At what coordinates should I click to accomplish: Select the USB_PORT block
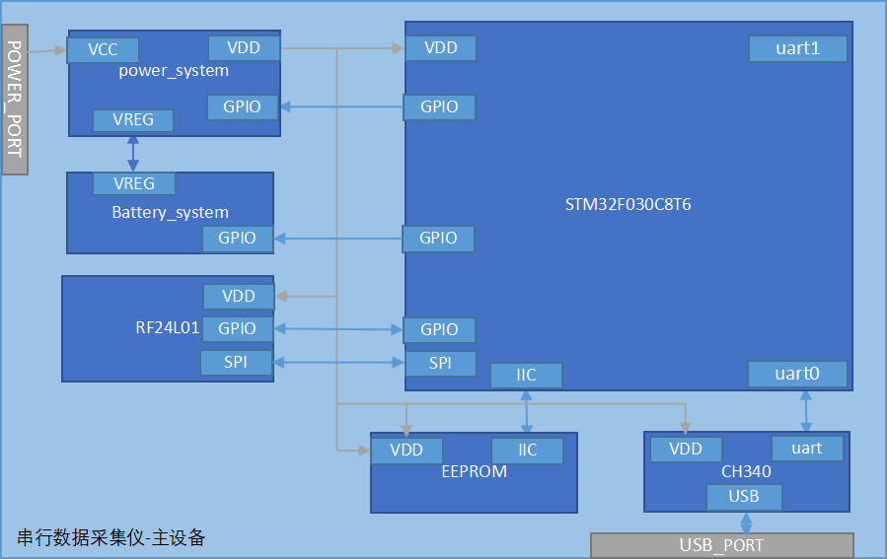721,545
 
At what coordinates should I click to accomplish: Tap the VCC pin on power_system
103,49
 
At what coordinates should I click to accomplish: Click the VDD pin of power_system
244,47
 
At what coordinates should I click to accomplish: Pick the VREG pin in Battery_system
134,183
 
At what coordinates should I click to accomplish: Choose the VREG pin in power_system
133,120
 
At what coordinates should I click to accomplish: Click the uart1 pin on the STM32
797,48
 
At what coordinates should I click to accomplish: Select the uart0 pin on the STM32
797,374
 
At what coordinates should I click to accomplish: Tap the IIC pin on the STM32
526,376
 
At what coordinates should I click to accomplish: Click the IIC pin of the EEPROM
528,451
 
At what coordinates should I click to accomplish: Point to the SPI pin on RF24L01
236,362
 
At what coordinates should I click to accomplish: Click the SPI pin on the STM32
440,363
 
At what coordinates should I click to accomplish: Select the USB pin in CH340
744,497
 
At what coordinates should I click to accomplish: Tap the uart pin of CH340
806,449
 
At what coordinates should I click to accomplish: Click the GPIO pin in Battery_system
237,238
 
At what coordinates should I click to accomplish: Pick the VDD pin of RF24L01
239,296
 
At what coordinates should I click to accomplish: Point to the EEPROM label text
474,471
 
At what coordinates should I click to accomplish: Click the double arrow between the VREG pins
132,152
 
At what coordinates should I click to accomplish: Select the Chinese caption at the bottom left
111,537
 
